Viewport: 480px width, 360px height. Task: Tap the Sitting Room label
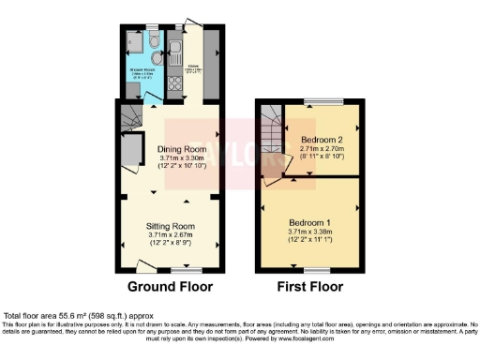click(170, 227)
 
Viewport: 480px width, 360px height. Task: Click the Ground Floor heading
click(170, 287)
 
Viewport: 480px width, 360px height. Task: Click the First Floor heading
click(310, 287)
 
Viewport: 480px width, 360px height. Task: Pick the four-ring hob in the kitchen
click(173, 87)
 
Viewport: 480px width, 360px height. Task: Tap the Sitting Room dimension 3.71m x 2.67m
click(170, 236)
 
